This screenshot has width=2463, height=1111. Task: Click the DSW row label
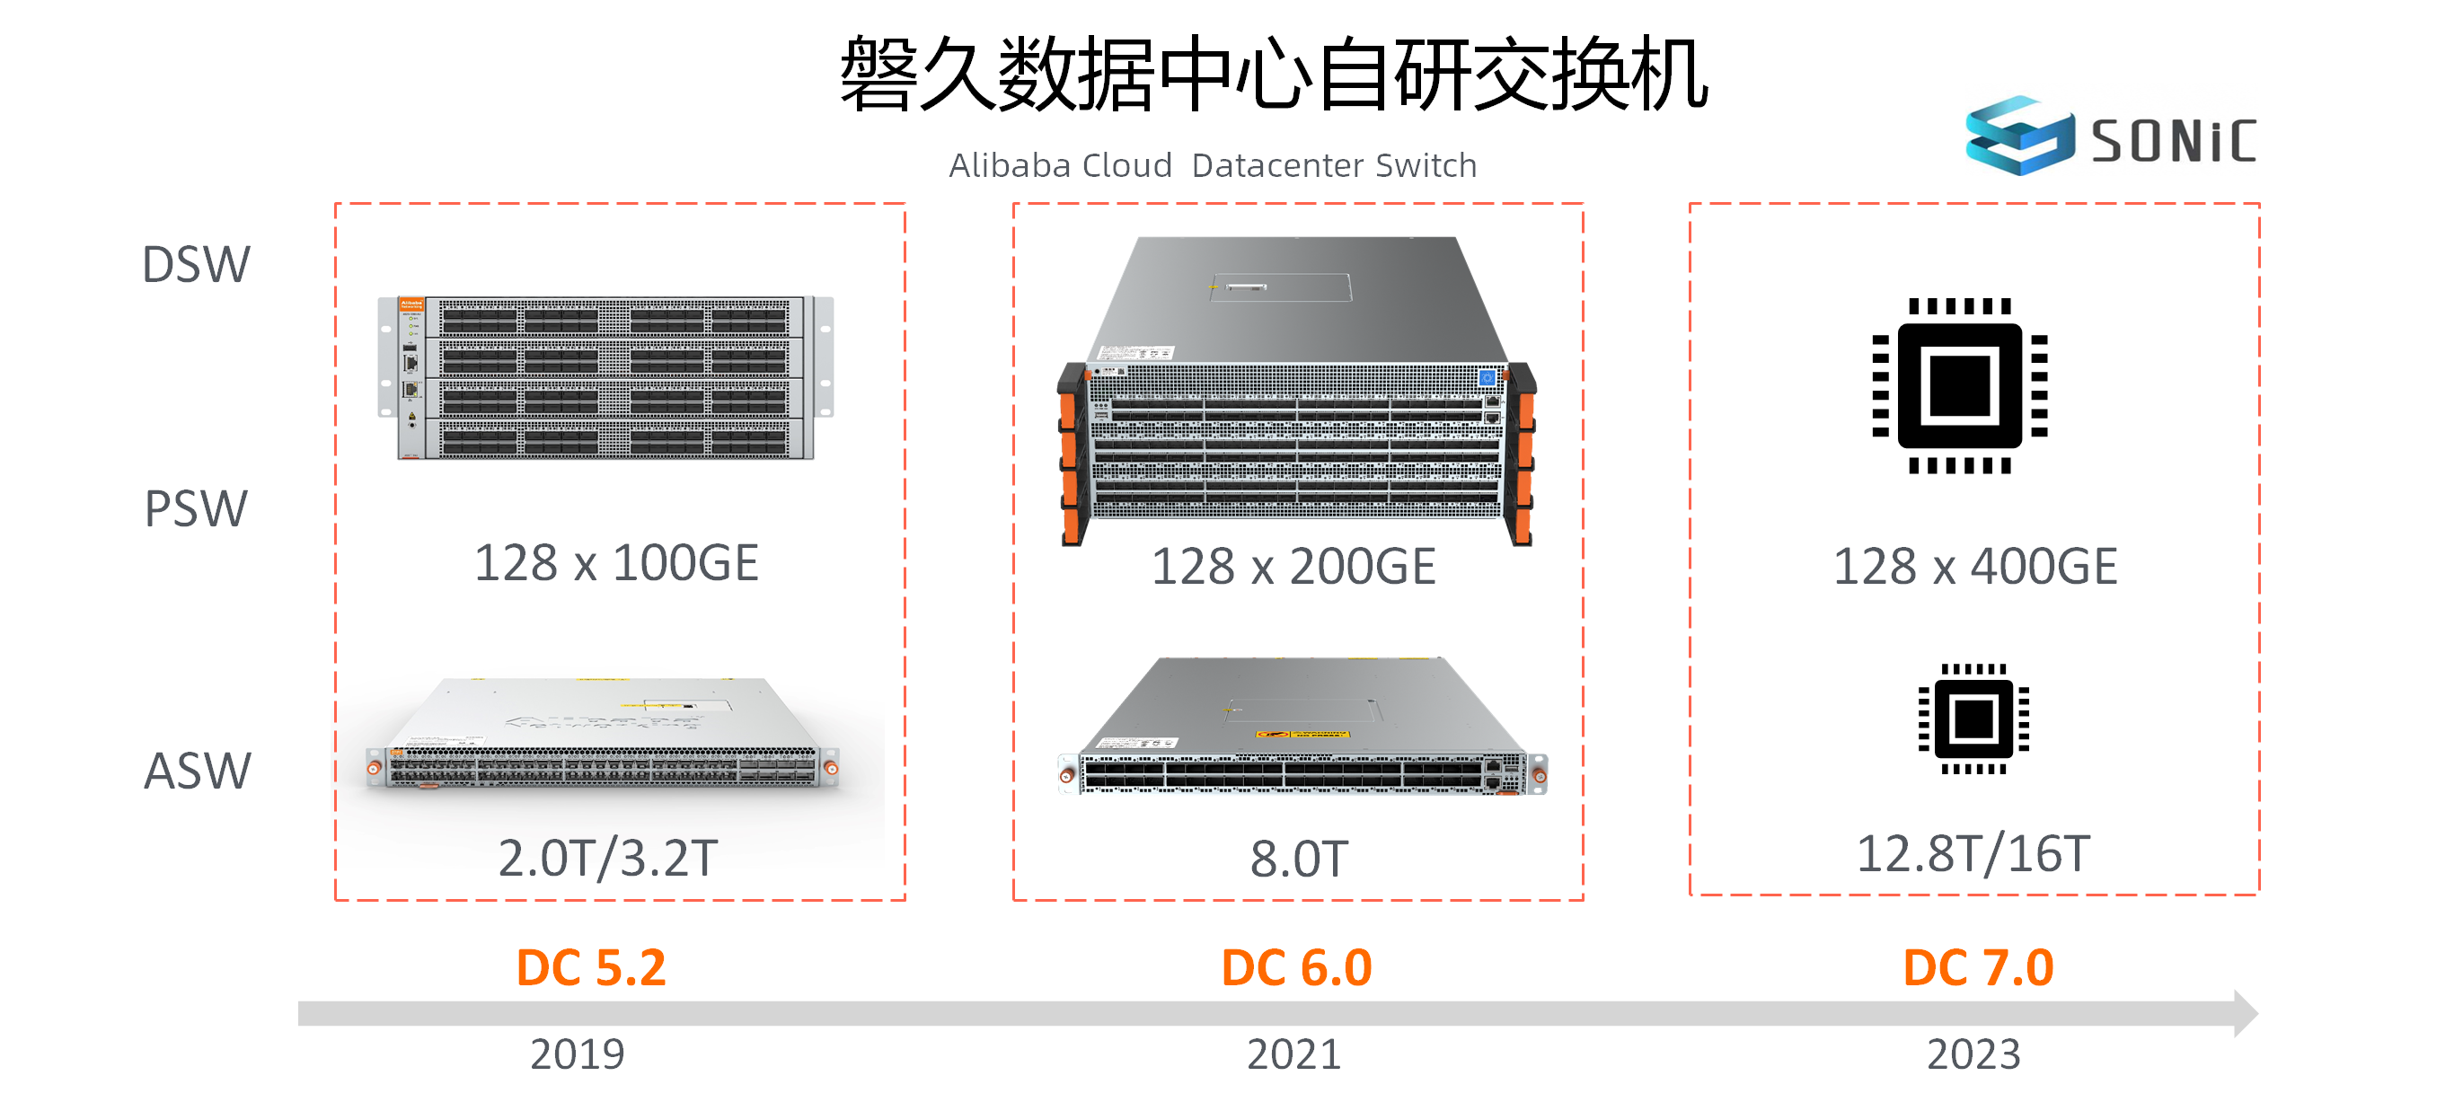[196, 265]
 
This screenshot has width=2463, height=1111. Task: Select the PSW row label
[196, 508]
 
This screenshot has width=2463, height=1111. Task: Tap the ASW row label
[197, 771]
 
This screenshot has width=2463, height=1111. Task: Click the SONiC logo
[2110, 137]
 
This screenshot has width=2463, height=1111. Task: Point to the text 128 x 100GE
[617, 562]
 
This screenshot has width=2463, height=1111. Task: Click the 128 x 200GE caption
[1293, 566]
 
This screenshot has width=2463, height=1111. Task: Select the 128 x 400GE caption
[1974, 566]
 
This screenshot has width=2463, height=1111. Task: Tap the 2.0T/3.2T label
[608, 858]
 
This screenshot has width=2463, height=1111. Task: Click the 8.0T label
[1300, 859]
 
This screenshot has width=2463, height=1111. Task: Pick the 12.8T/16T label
[1973, 854]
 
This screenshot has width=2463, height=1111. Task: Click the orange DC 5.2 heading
[591, 967]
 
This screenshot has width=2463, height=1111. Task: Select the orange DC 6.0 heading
[1296, 967]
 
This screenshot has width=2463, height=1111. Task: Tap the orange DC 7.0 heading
[1978, 967]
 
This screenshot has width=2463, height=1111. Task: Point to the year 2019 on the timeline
[578, 1054]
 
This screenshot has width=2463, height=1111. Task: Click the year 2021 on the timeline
[1294, 1054]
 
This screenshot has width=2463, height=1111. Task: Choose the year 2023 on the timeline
[1973, 1054]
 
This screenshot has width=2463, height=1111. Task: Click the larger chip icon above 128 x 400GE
[1960, 385]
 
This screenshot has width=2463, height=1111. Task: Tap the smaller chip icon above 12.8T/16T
[1973, 718]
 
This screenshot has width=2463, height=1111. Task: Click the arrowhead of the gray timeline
[2246, 1012]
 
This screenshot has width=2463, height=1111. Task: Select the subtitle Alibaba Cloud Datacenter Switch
[1213, 165]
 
